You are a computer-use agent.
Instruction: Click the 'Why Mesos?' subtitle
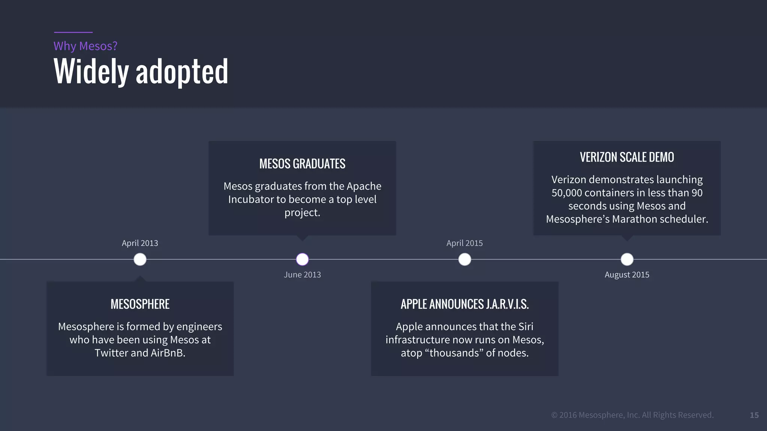pyautogui.click(x=85, y=46)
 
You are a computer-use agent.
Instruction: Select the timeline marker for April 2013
pyautogui.click(x=140, y=259)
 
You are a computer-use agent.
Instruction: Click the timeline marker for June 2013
pyautogui.click(x=302, y=259)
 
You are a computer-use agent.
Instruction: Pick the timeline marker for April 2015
pyautogui.click(x=465, y=259)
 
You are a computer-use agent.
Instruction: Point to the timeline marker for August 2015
pyautogui.click(x=627, y=259)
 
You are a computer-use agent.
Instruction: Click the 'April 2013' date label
pyautogui.click(x=140, y=243)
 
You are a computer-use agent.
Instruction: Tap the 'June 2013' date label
pyautogui.click(x=302, y=275)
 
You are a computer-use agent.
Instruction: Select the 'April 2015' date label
pyautogui.click(x=465, y=243)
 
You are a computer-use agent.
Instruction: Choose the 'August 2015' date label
pyautogui.click(x=627, y=275)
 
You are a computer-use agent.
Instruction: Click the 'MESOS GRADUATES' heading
pyautogui.click(x=302, y=164)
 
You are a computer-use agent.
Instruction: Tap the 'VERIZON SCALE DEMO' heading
pyautogui.click(x=627, y=157)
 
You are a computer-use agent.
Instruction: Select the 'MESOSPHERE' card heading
pyautogui.click(x=140, y=304)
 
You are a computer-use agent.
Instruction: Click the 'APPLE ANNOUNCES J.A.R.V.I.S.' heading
pyautogui.click(x=465, y=304)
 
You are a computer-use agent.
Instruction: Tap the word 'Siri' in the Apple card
pyautogui.click(x=526, y=327)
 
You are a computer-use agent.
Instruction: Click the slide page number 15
pyautogui.click(x=754, y=415)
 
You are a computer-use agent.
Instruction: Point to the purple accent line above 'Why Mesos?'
pyautogui.click(x=73, y=32)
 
